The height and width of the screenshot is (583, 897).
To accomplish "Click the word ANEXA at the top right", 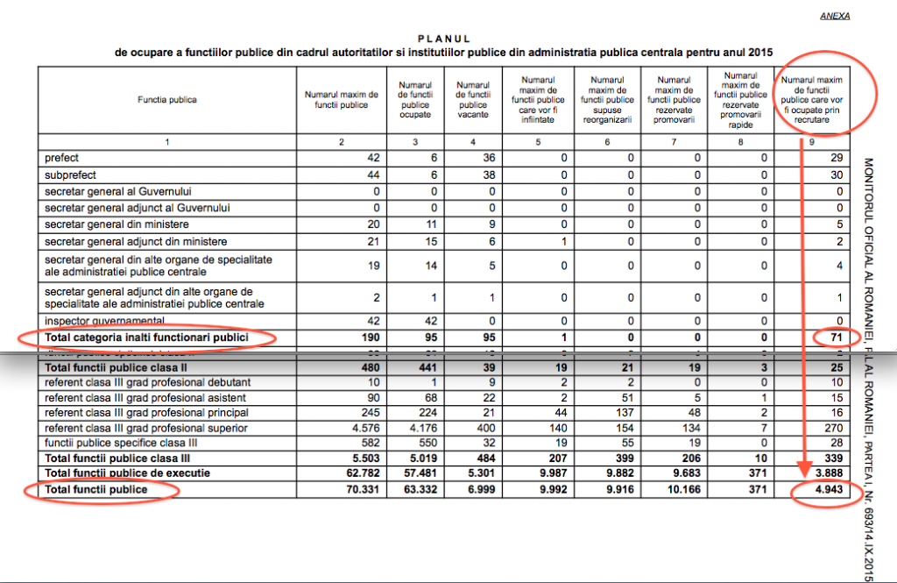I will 835,16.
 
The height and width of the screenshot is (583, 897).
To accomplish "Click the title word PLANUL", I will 444,39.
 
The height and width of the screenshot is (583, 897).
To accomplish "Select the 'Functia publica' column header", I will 166,100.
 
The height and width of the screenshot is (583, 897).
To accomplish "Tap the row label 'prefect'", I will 61,158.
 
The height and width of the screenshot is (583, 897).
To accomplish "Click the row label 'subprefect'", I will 69,174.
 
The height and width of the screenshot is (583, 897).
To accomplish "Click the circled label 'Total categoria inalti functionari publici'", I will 147,338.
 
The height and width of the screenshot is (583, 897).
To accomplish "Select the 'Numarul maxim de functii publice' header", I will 341,99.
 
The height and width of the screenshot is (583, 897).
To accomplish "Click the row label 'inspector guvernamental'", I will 104,321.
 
